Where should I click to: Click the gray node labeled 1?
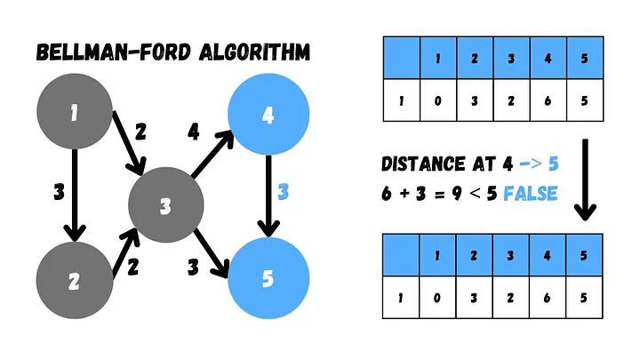(x=74, y=113)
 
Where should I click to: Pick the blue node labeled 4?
(x=268, y=114)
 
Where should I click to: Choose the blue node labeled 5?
(x=268, y=279)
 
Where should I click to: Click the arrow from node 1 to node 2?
(x=74, y=196)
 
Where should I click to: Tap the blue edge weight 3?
(x=284, y=192)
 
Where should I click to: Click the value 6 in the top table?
(x=548, y=100)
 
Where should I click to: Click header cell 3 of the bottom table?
(x=510, y=255)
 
